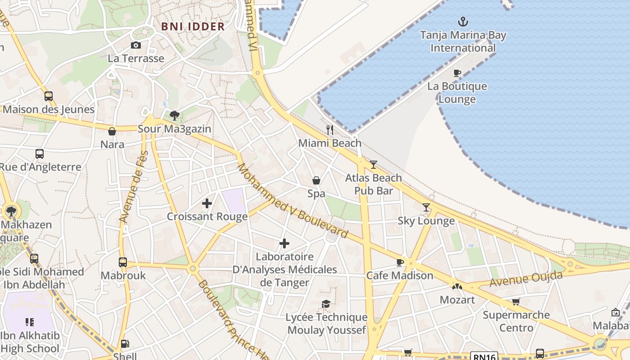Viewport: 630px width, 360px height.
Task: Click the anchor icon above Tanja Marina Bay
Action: (x=463, y=21)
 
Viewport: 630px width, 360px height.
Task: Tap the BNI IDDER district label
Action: (x=193, y=27)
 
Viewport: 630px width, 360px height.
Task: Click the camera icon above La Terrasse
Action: (x=136, y=45)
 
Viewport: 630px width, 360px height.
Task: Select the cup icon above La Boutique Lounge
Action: (x=457, y=73)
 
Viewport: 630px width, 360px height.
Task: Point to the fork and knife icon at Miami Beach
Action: (x=330, y=130)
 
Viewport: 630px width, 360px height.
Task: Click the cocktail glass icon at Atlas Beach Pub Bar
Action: (x=373, y=165)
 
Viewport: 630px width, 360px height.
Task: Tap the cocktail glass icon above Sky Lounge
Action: (x=426, y=207)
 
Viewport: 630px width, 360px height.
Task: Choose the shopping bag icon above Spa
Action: (x=316, y=180)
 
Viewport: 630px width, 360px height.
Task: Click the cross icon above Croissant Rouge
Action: (x=207, y=203)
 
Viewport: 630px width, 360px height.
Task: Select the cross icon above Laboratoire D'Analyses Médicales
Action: (x=284, y=243)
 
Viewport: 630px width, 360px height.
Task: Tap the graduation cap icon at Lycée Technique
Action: (x=326, y=304)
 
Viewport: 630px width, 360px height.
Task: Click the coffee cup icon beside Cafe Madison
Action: (x=400, y=262)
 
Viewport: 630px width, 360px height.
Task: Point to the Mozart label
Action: (x=457, y=300)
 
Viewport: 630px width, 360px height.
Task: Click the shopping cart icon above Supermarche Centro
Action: (x=516, y=301)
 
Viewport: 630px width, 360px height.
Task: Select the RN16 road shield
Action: (x=484, y=356)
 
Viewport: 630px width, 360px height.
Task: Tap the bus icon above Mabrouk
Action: (x=123, y=262)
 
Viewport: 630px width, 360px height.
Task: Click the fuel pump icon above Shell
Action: (x=125, y=344)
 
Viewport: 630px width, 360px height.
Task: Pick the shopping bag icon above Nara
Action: (x=112, y=131)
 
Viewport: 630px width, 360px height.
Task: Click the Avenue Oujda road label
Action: (x=526, y=279)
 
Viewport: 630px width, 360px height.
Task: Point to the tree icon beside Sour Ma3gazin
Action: (x=175, y=116)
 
